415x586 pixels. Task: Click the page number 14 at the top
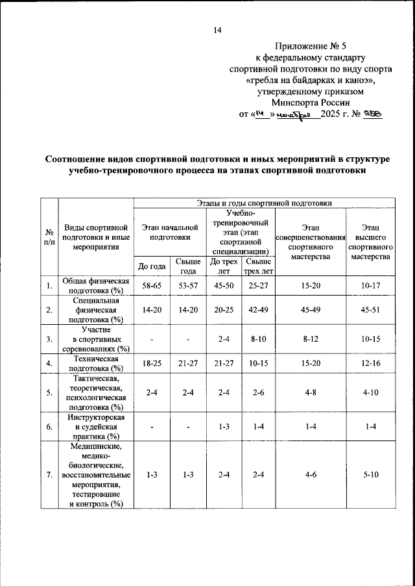[x=217, y=30]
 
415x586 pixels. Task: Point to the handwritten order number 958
[x=372, y=113]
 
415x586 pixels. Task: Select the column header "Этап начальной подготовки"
[x=169, y=233]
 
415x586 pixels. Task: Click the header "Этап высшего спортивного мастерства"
[x=371, y=242]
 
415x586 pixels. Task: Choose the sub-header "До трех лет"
[x=225, y=266]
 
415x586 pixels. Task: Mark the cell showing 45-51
[x=371, y=310]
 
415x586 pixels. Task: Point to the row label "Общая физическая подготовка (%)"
[x=96, y=286]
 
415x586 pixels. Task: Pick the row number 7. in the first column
[x=49, y=475]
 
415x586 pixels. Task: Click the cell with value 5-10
[x=371, y=475]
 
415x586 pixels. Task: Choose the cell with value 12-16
[x=371, y=363]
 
